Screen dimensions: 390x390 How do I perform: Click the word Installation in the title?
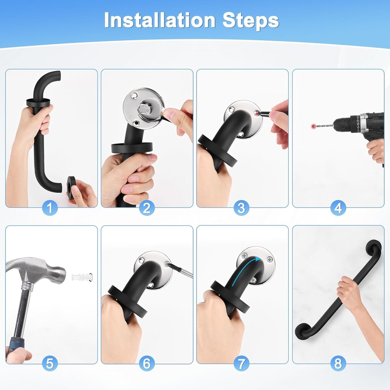160,20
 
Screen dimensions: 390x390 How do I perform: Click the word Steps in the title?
251,21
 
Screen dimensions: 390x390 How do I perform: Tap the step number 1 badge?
50,208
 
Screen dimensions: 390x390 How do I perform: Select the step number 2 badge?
147,208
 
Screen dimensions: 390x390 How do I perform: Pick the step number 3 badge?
241,208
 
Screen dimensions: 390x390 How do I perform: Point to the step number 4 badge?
338,208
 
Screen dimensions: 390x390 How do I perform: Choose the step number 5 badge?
50,363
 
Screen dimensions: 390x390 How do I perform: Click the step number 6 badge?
147,363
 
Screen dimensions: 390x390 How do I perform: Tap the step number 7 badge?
241,363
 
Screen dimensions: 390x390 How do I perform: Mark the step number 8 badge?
338,363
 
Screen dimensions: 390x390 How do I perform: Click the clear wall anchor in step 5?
82,277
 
